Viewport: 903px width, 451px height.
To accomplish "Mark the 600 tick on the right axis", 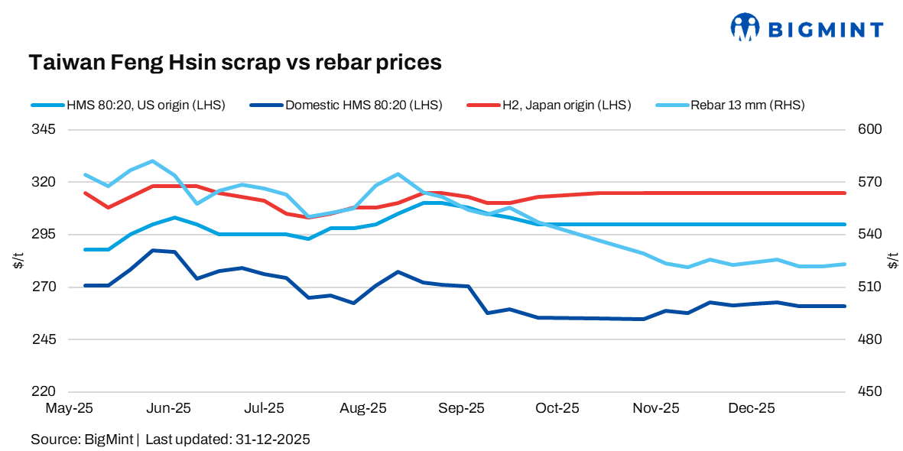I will (871, 130).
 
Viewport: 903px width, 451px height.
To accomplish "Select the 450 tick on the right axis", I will (871, 391).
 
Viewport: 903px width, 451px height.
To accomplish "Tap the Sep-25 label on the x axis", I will (460, 409).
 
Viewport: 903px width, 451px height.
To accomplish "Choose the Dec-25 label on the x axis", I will (752, 409).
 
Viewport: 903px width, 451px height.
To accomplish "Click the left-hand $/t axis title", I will (18, 261).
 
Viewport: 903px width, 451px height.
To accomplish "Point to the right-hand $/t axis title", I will (893, 261).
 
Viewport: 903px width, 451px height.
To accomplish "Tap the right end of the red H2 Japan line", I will (845, 193).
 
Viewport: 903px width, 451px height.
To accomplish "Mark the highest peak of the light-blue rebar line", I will (153, 161).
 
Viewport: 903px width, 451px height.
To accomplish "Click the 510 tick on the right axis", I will (871, 287).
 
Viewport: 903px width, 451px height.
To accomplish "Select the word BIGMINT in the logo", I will (825, 30).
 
